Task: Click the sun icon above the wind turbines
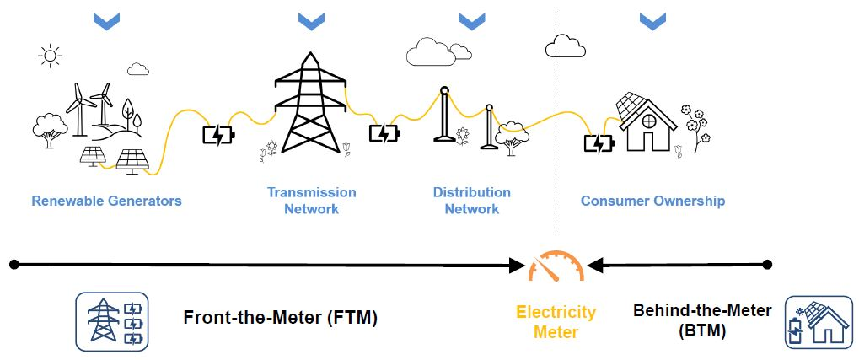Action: click(x=51, y=56)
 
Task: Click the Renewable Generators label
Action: click(x=106, y=201)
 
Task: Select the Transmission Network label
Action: click(x=311, y=201)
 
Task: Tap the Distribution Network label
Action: click(x=471, y=201)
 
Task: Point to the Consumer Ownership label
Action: click(x=652, y=201)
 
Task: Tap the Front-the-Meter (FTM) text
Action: click(x=281, y=318)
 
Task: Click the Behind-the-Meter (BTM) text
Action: click(x=701, y=320)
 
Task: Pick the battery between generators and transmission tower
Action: click(x=219, y=134)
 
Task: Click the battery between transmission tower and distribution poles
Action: click(x=384, y=133)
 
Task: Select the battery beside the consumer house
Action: click(x=599, y=143)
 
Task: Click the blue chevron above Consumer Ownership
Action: click(x=652, y=22)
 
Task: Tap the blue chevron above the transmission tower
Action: click(x=311, y=22)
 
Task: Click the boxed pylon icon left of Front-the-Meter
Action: click(x=112, y=321)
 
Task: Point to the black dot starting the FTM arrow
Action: click(x=13, y=265)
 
